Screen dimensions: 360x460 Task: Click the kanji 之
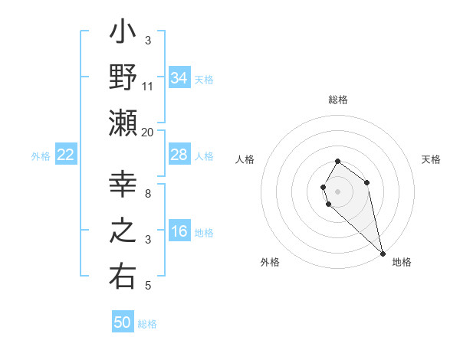point(123,231)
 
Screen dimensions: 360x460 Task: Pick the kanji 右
point(123,277)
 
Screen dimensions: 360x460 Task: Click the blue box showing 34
point(179,77)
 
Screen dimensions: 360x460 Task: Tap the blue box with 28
point(179,155)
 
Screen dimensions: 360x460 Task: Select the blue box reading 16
point(179,231)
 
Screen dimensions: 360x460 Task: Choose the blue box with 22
point(66,155)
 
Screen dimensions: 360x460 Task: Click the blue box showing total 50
point(123,322)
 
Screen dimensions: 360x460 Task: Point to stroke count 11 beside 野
point(148,87)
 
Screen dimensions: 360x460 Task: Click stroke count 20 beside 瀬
point(148,132)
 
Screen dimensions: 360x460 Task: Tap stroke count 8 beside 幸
point(148,194)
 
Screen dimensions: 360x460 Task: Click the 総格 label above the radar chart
point(338,100)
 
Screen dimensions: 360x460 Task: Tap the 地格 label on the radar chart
point(402,262)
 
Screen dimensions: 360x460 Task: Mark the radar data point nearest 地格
point(383,253)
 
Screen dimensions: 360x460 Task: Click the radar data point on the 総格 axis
point(338,161)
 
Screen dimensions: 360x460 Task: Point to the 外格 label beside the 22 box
point(41,155)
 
